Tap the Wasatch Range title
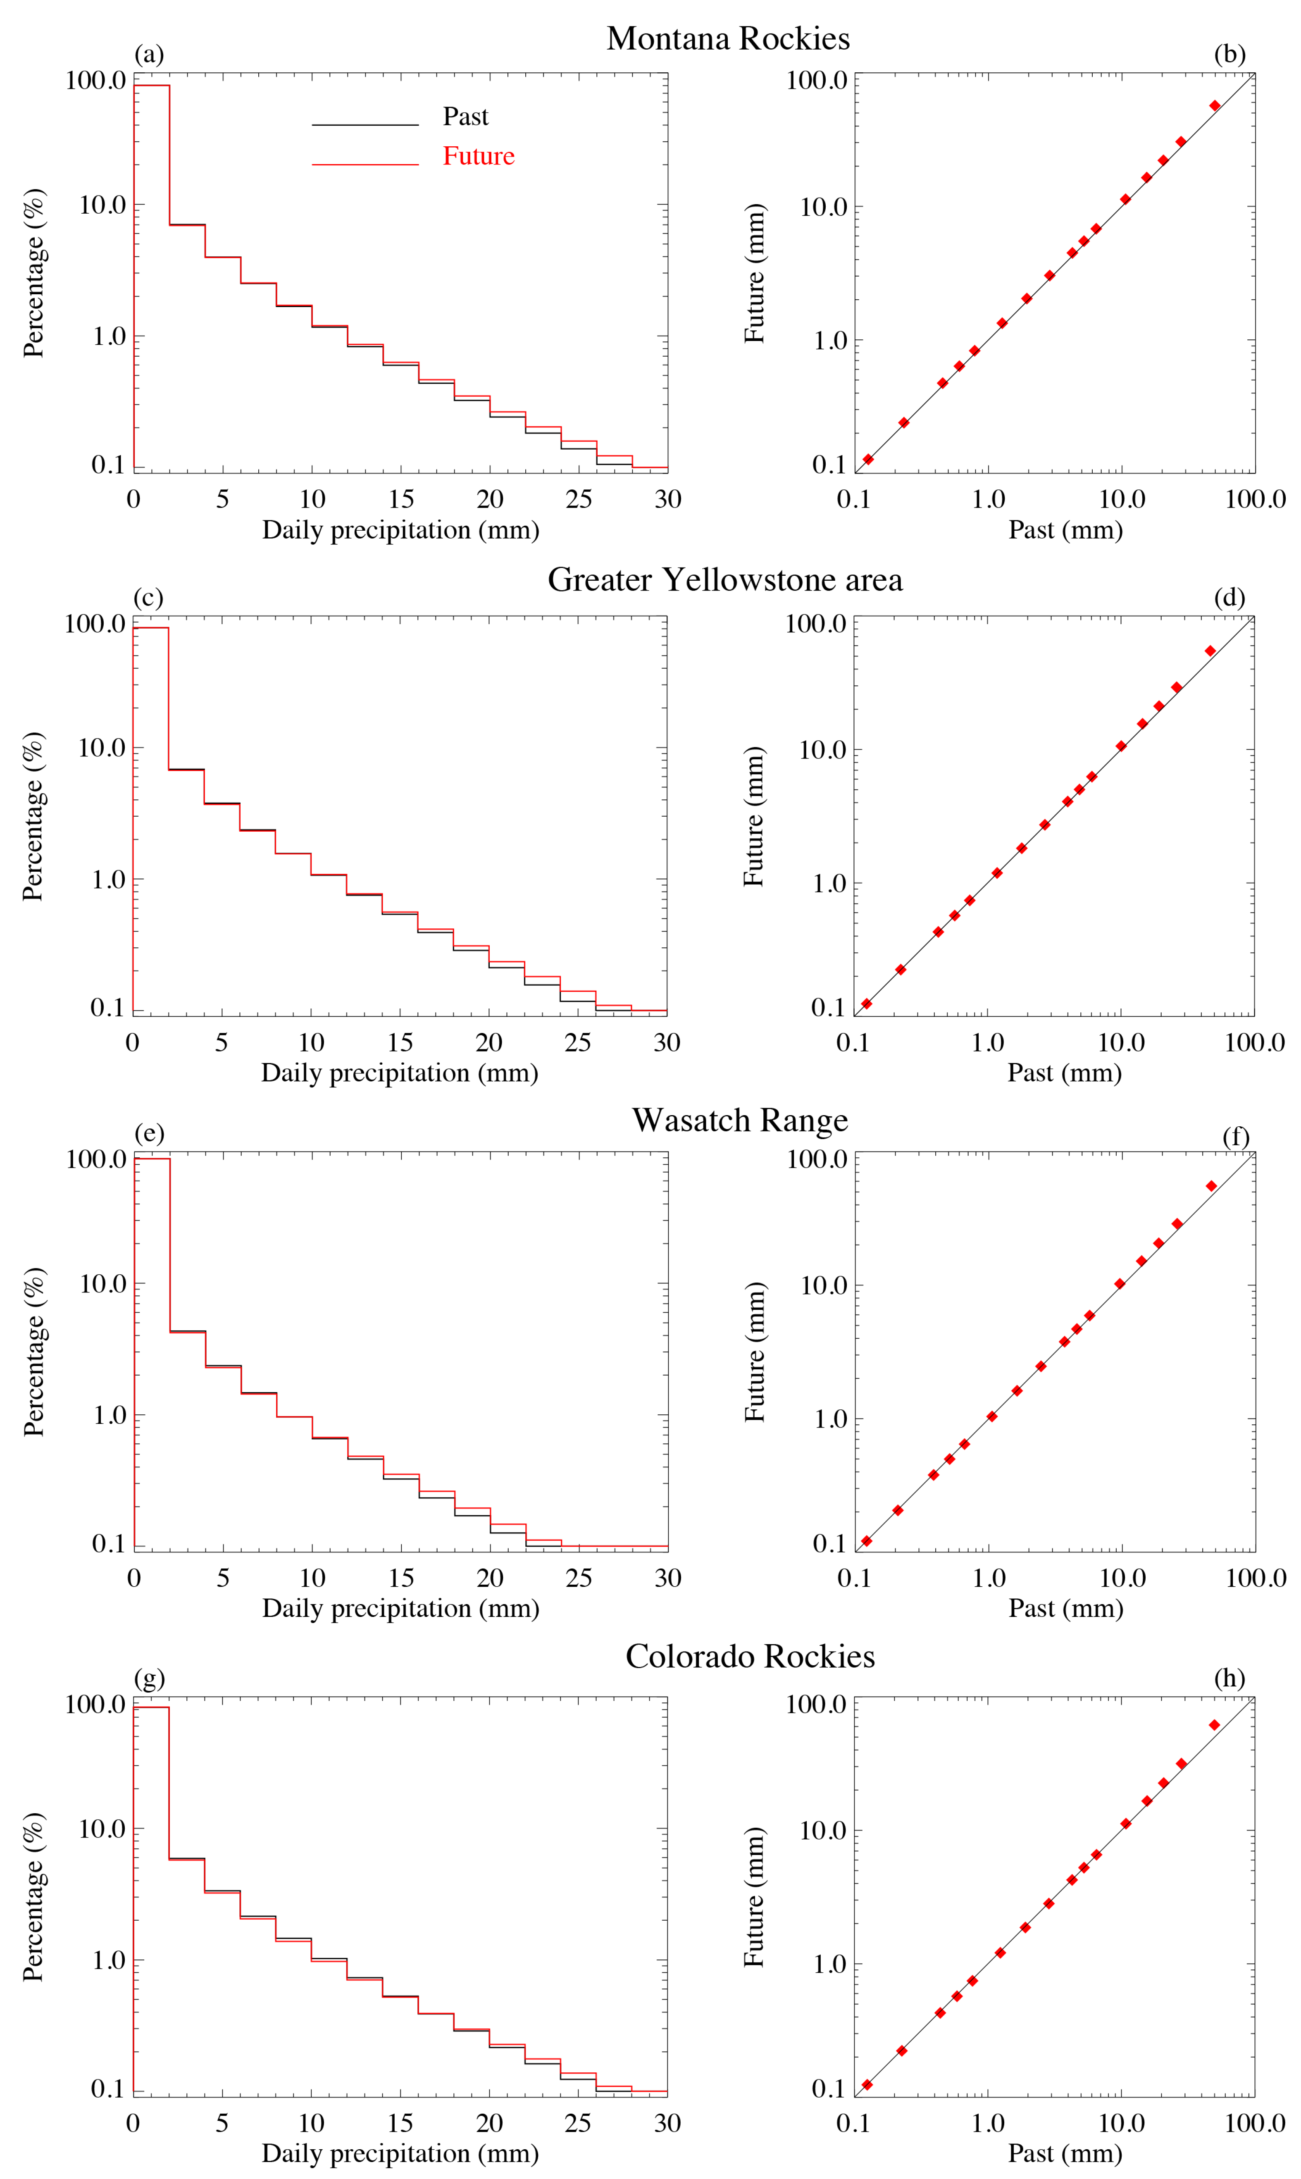(x=740, y=1120)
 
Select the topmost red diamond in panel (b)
(x=1214, y=106)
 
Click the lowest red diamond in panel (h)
(x=867, y=2084)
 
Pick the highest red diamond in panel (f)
(x=1212, y=1186)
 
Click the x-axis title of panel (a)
(x=400, y=530)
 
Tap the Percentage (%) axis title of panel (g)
(x=33, y=1897)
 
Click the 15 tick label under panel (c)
(x=400, y=1042)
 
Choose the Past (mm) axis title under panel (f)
(x=1065, y=1608)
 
